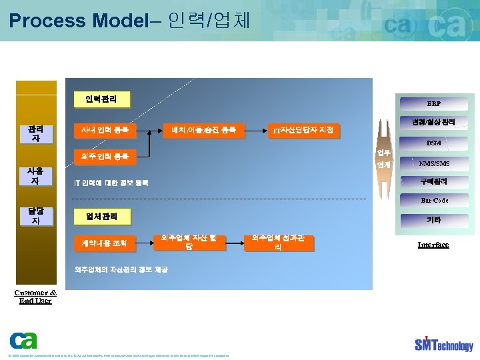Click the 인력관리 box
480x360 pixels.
(101, 99)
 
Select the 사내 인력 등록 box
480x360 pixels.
(105, 129)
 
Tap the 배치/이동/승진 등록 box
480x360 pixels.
(203, 129)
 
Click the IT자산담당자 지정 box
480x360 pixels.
(303, 129)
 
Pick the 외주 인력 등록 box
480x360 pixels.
(105, 157)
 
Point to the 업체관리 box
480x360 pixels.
(101, 216)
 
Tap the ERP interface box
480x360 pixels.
(433, 104)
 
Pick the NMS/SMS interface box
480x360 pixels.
(434, 163)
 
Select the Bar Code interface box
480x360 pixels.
(434, 200)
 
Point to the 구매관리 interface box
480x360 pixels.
(433, 181)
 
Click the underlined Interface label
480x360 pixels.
(433, 245)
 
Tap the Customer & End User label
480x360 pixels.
(35, 297)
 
